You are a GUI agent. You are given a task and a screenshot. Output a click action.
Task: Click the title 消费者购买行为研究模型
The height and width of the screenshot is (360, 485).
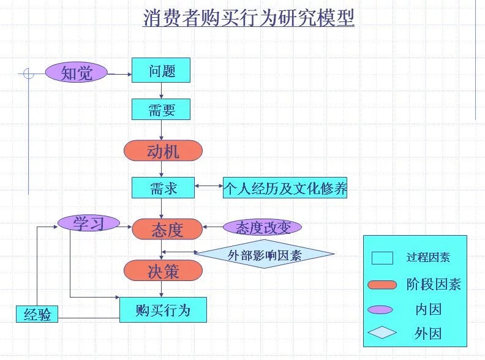[249, 18]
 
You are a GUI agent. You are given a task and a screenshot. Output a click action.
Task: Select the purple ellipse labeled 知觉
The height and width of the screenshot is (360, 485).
[77, 73]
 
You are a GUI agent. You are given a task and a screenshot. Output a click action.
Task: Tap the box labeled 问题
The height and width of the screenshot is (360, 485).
[161, 70]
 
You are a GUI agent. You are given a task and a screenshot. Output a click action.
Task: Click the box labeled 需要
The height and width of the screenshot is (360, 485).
[161, 110]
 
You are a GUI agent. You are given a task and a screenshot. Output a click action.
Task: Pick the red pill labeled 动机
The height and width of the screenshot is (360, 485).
[163, 151]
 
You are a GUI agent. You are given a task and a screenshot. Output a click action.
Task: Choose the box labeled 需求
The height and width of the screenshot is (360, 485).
[163, 188]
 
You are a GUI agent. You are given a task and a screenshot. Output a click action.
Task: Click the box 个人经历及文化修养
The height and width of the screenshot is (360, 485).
[285, 188]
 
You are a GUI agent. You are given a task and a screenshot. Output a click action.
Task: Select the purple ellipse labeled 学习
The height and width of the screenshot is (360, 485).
[89, 223]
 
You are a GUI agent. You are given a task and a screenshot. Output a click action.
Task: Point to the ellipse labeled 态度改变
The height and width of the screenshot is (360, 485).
[261, 228]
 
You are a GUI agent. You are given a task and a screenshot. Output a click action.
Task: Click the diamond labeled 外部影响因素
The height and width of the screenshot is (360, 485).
[265, 255]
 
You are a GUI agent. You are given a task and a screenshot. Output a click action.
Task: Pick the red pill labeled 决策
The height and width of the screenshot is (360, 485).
[163, 271]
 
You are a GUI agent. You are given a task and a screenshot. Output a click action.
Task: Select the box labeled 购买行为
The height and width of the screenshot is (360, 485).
[163, 310]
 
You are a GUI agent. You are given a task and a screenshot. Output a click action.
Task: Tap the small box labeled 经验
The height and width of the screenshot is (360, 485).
[37, 315]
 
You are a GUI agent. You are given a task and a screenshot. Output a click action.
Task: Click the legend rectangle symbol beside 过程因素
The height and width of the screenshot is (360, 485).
[382, 258]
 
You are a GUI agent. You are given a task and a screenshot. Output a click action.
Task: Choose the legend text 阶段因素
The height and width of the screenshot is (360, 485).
[433, 284]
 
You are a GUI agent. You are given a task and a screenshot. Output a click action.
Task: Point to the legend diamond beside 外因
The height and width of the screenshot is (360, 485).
[382, 333]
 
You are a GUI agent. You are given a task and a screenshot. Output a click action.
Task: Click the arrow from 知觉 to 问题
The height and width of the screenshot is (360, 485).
[120, 74]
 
